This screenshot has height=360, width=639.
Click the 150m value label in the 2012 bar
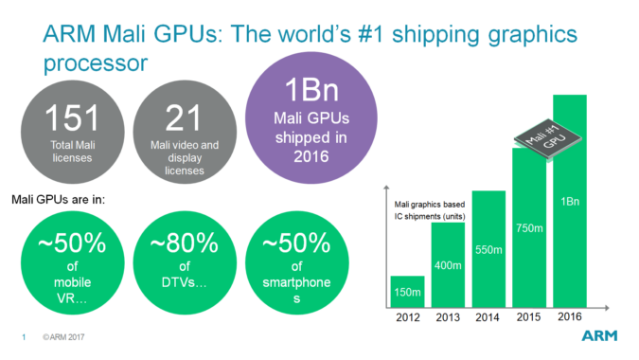[408, 292]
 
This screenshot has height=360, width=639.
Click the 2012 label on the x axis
[408, 317]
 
